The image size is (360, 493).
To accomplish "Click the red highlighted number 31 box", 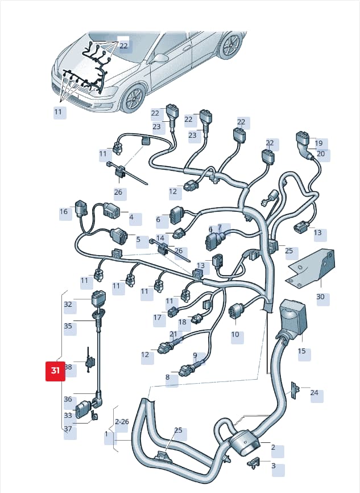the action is pyautogui.click(x=55, y=371).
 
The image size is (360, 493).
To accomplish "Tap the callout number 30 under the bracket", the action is pyautogui.click(x=320, y=297).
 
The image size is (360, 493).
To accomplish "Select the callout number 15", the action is pyautogui.click(x=301, y=351).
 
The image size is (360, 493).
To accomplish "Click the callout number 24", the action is pyautogui.click(x=314, y=393).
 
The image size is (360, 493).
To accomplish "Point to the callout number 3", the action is pyautogui.click(x=274, y=466).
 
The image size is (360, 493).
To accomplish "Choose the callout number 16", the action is pyautogui.click(x=64, y=212).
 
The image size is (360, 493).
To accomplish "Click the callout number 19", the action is pyautogui.click(x=318, y=143).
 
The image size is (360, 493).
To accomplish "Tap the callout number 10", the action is pyautogui.click(x=235, y=334).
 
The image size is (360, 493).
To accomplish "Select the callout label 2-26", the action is pyautogui.click(x=122, y=422).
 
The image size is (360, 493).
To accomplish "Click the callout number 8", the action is pyautogui.click(x=167, y=377).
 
